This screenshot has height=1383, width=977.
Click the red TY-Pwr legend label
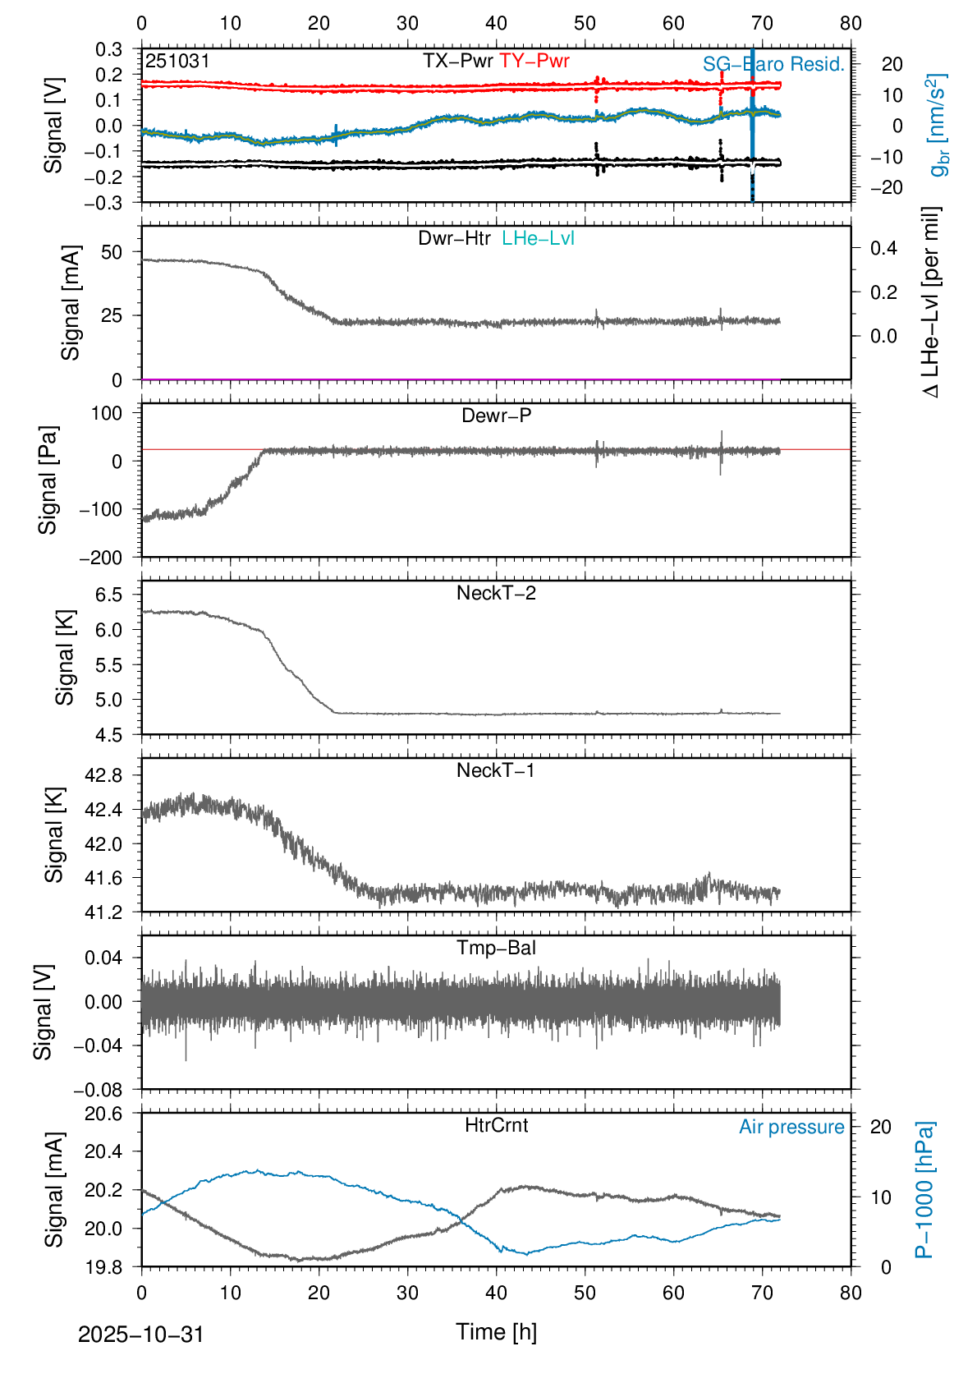[534, 61]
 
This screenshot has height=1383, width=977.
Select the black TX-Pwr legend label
[458, 61]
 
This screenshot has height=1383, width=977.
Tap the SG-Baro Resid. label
[773, 65]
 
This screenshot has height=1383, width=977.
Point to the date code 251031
[177, 61]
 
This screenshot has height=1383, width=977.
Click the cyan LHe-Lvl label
[538, 238]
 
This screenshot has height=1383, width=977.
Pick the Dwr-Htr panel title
[454, 238]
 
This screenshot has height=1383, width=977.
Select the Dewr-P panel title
[496, 416]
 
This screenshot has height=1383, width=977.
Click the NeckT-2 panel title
[496, 593]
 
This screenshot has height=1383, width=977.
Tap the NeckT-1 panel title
[496, 770]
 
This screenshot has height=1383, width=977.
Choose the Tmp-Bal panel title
[496, 948]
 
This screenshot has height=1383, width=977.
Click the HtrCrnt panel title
[496, 1125]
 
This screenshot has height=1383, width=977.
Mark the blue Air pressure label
[791, 1127]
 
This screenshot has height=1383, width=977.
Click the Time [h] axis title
[496, 1331]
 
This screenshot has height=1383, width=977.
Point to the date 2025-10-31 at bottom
[140, 1335]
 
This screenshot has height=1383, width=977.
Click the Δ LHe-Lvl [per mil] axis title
[931, 302]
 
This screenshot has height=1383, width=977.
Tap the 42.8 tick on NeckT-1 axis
[103, 775]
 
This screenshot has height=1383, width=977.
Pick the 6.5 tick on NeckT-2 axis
[108, 595]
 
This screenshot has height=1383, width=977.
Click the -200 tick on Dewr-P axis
[100, 558]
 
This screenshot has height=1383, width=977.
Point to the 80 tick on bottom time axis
[851, 1293]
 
